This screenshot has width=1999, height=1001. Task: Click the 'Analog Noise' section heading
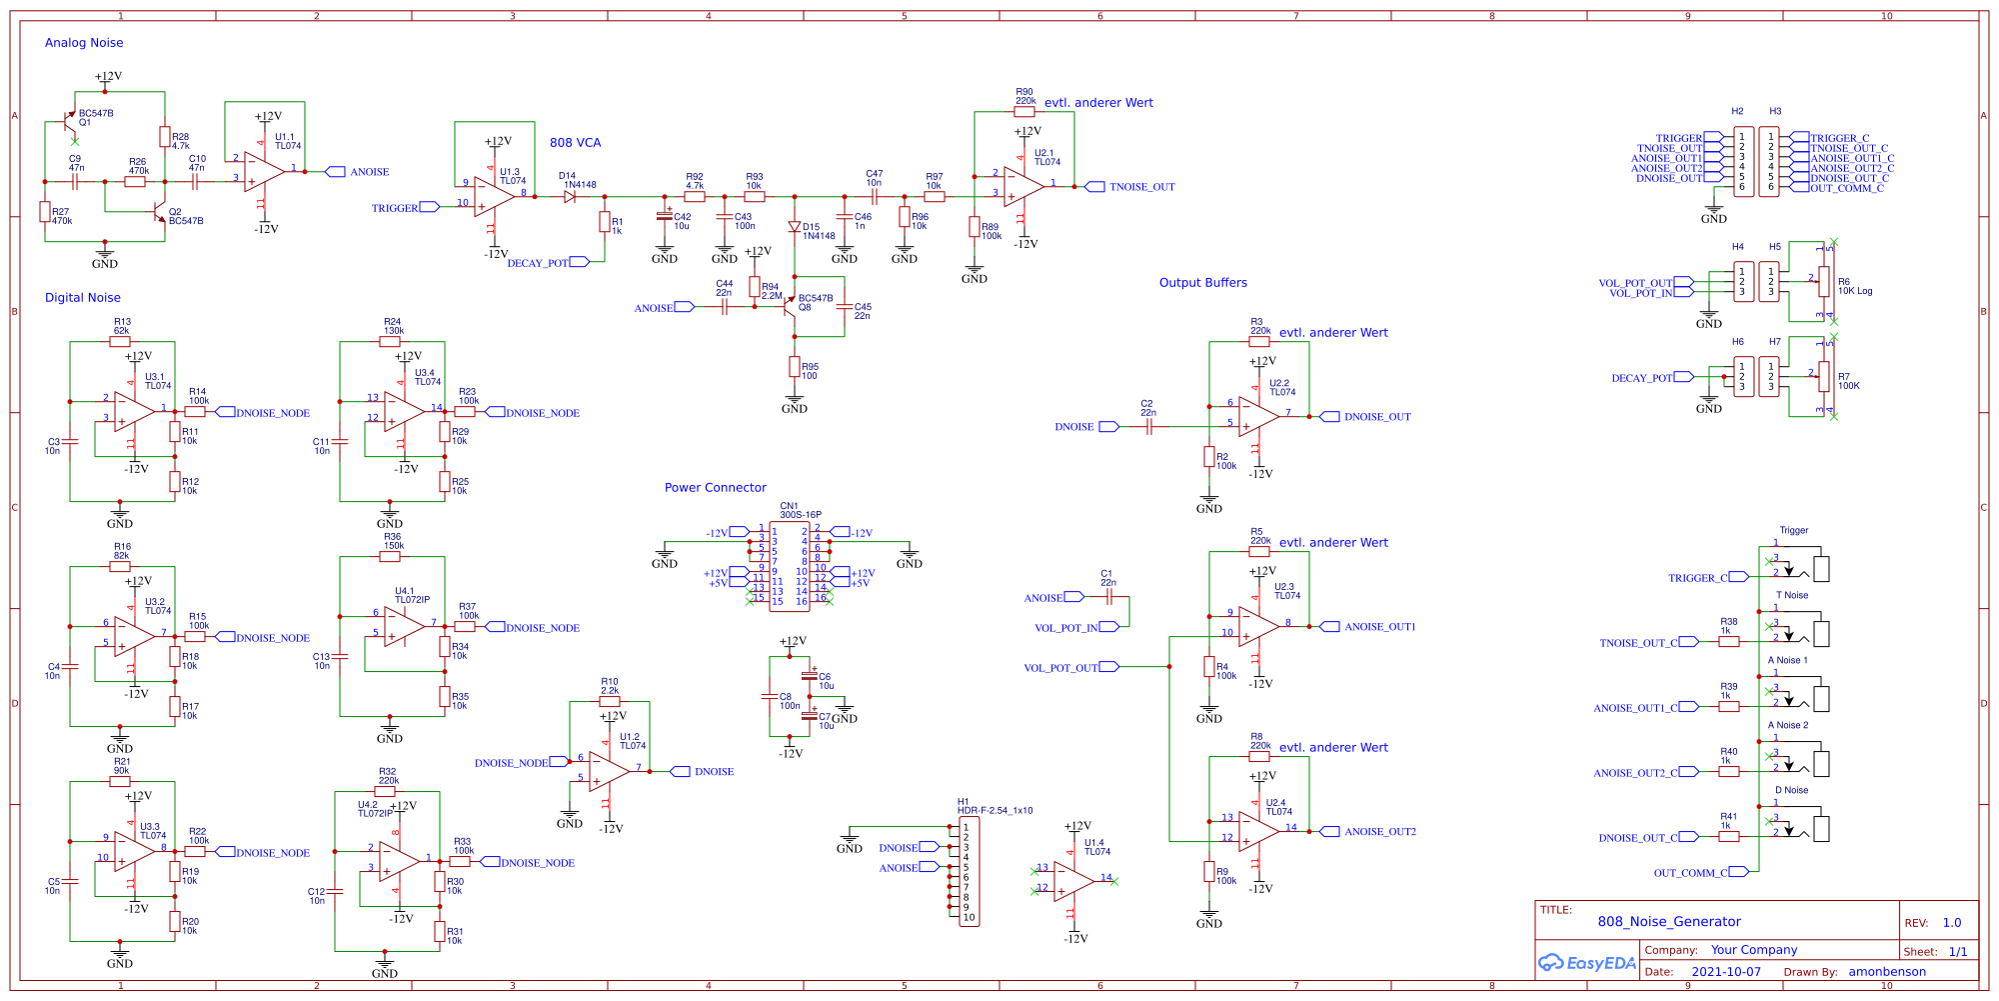84,43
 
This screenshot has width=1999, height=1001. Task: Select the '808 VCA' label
575,143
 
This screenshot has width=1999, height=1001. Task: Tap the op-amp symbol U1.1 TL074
264,171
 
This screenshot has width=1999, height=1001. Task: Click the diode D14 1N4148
570,197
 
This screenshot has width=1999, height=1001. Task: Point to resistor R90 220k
1024,112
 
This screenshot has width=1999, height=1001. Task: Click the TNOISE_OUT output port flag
1095,187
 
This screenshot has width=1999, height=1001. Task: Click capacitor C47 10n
874,197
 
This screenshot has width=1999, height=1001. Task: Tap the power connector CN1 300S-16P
790,566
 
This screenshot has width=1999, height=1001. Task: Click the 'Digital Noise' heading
83,298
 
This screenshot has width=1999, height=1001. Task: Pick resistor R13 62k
120,342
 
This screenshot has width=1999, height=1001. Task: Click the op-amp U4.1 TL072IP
404,627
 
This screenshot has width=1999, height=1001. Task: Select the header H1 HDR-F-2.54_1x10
969,872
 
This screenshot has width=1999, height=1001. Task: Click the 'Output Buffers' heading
1202,283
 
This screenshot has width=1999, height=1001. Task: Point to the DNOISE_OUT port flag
1329,417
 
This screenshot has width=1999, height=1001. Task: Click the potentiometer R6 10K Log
1824,282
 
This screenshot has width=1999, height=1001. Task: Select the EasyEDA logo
1586,963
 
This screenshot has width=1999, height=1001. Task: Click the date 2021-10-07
1726,972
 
